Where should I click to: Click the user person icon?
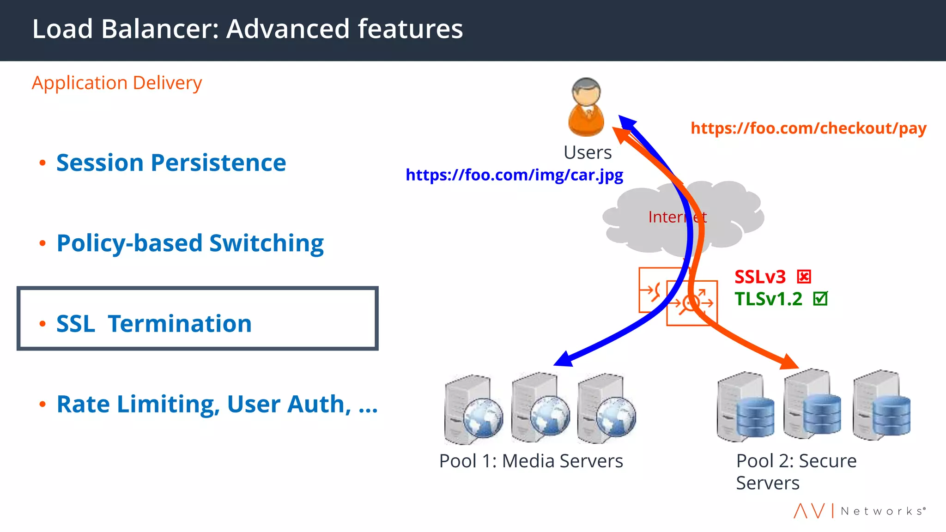tap(586, 108)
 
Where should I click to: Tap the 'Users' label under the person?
tap(588, 153)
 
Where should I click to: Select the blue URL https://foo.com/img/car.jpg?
tap(514, 175)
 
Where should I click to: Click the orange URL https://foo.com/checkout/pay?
tap(808, 128)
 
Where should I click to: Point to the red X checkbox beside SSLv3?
tap(804, 277)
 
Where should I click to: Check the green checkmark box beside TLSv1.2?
tap(820, 299)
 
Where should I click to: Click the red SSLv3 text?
tap(760, 277)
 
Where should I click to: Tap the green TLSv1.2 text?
tap(769, 299)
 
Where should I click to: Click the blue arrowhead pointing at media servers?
tap(564, 359)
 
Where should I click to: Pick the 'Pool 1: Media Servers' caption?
tap(531, 461)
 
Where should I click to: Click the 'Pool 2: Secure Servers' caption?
tap(796, 472)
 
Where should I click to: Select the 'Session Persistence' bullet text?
tap(171, 163)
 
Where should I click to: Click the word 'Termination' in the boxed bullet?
tap(180, 324)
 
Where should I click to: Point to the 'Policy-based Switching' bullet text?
tap(190, 243)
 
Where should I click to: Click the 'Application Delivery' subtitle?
tap(117, 83)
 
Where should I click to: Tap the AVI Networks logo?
tap(859, 511)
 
